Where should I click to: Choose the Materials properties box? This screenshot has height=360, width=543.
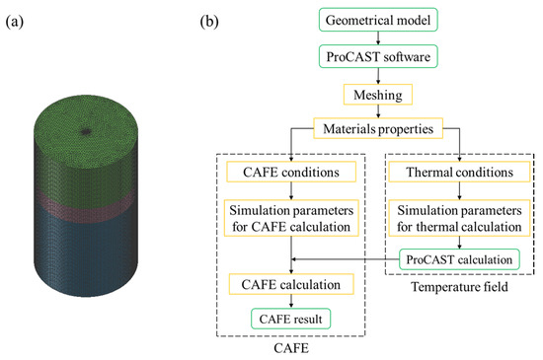[372, 128]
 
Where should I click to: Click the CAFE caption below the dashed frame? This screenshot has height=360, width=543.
[290, 348]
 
